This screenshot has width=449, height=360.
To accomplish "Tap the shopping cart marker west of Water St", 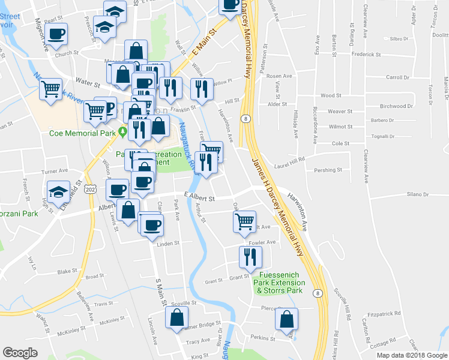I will [x=51, y=89].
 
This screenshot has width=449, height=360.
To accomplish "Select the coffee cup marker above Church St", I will [x=56, y=34].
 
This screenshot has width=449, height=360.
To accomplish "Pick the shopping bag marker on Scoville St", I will [x=176, y=319].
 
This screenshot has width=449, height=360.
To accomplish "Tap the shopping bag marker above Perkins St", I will [x=286, y=319].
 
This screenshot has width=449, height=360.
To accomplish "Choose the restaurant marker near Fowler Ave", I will [x=249, y=256].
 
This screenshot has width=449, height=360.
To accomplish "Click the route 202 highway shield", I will [x=89, y=189].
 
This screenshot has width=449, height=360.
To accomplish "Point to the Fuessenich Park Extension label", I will [x=279, y=283].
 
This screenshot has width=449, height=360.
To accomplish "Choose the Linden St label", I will [x=168, y=243].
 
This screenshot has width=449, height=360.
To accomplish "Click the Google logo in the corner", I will [x=20, y=352].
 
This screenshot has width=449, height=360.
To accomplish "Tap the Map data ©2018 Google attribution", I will [x=411, y=355].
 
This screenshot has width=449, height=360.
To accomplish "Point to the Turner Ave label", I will [x=55, y=171].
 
